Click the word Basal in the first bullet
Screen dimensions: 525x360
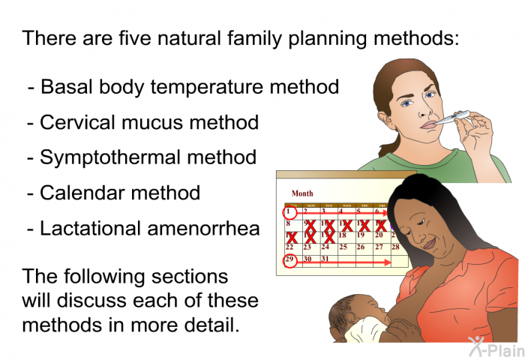tap(66, 86)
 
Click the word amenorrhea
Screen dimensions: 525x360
tap(203, 229)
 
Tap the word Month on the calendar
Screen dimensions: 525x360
tap(302, 193)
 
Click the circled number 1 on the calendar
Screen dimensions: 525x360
tap(289, 212)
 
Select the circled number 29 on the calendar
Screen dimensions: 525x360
tap(290, 260)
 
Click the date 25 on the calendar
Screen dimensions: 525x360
tap(343, 247)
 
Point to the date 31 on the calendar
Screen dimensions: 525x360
tap(325, 259)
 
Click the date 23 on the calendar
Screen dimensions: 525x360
tap(307, 247)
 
